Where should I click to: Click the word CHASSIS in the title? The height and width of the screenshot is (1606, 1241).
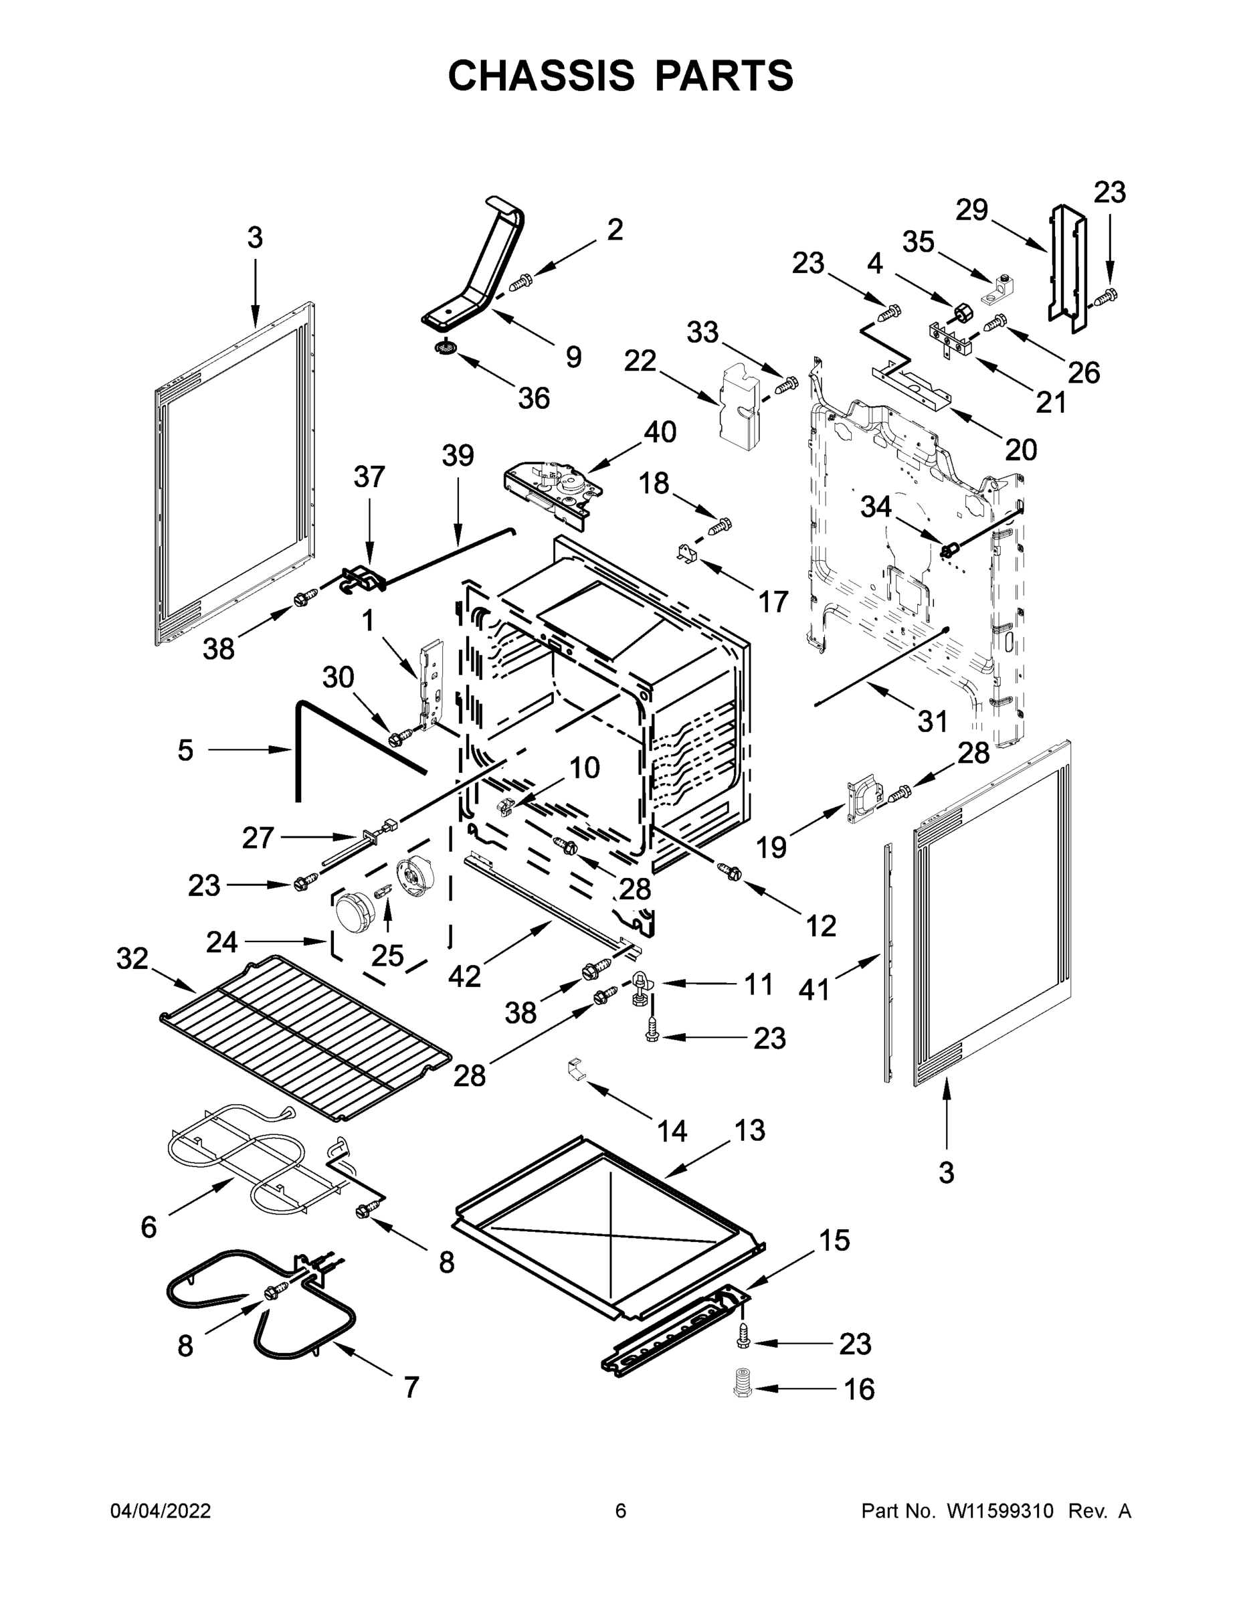[541, 76]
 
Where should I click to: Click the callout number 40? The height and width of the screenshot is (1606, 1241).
[660, 432]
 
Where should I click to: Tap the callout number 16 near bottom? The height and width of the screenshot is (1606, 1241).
[859, 1389]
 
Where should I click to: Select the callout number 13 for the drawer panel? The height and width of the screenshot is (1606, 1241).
[749, 1130]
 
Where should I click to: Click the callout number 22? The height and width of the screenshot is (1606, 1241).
[640, 361]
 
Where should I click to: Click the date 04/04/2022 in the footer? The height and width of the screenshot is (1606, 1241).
[161, 1510]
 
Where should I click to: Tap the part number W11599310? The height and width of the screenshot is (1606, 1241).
[1000, 1510]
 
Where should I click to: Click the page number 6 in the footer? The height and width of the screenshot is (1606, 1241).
[621, 1510]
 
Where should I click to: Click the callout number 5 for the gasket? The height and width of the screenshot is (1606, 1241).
[185, 750]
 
